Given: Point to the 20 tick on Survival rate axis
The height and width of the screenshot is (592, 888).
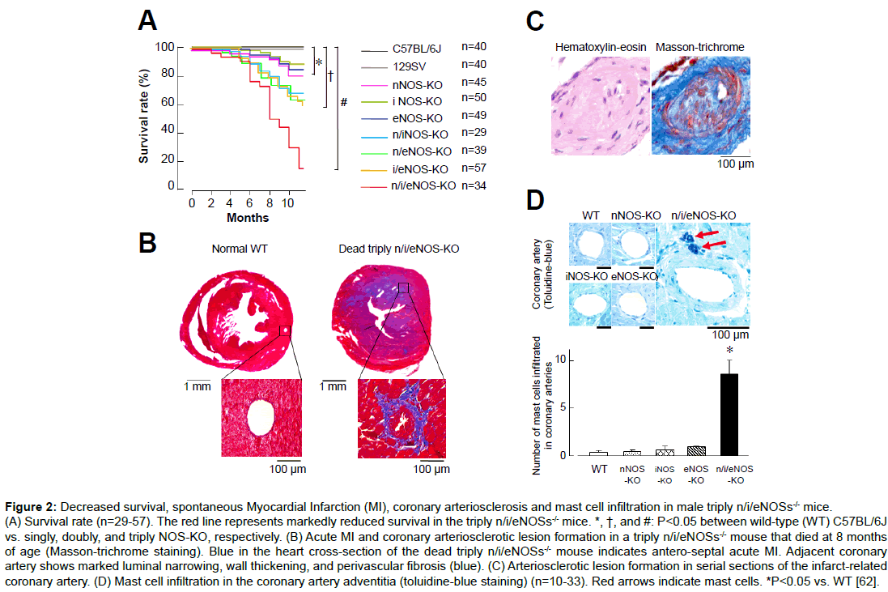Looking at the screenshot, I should point(170,160).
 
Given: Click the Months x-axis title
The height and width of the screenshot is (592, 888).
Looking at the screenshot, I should point(248,218).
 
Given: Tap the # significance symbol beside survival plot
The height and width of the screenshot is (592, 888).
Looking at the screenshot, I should point(343,103).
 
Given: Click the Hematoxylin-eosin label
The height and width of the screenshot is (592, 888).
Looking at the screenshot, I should point(600,48).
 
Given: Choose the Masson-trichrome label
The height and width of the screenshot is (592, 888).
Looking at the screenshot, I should point(699,48).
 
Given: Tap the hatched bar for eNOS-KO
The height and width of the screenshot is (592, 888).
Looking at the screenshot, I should point(695,450).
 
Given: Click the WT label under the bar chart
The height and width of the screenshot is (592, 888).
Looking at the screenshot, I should point(598,469).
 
